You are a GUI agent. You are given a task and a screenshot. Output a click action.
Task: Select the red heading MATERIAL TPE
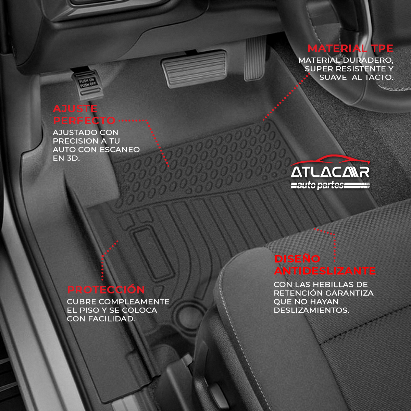tap(350, 48)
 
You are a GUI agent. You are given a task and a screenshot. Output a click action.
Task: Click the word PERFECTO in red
tap(84, 121)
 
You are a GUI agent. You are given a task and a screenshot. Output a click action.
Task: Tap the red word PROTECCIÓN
tap(106, 290)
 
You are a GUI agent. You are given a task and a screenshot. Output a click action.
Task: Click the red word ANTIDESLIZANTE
tap(325, 271)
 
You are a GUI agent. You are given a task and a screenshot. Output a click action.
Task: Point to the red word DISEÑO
tap(297, 259)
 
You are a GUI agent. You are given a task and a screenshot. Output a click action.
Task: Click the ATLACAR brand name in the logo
tap(330, 172)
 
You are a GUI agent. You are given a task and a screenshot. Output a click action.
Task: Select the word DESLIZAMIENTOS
tap(311, 310)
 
